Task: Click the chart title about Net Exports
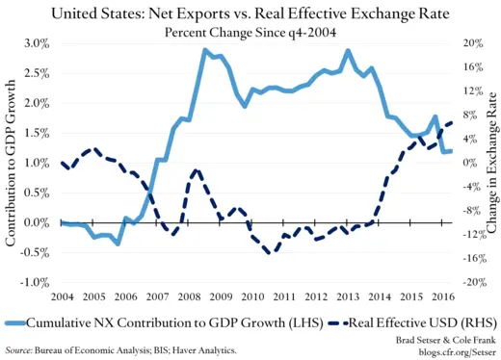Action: pyautogui.click(x=250, y=13)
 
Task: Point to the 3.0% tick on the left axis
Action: pyautogui.click(x=36, y=43)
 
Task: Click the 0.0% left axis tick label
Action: pyautogui.click(x=36, y=222)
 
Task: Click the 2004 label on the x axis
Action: pyautogui.click(x=63, y=295)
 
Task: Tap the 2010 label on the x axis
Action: pyautogui.click(x=253, y=295)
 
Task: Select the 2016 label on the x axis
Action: pyautogui.click(x=441, y=295)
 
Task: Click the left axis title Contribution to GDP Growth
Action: pyautogui.click(x=12, y=163)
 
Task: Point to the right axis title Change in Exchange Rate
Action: pyautogui.click(x=491, y=163)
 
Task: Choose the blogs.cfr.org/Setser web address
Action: pyautogui.click(x=446, y=351)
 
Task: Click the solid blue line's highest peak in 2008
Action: pyautogui.click(x=205, y=50)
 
